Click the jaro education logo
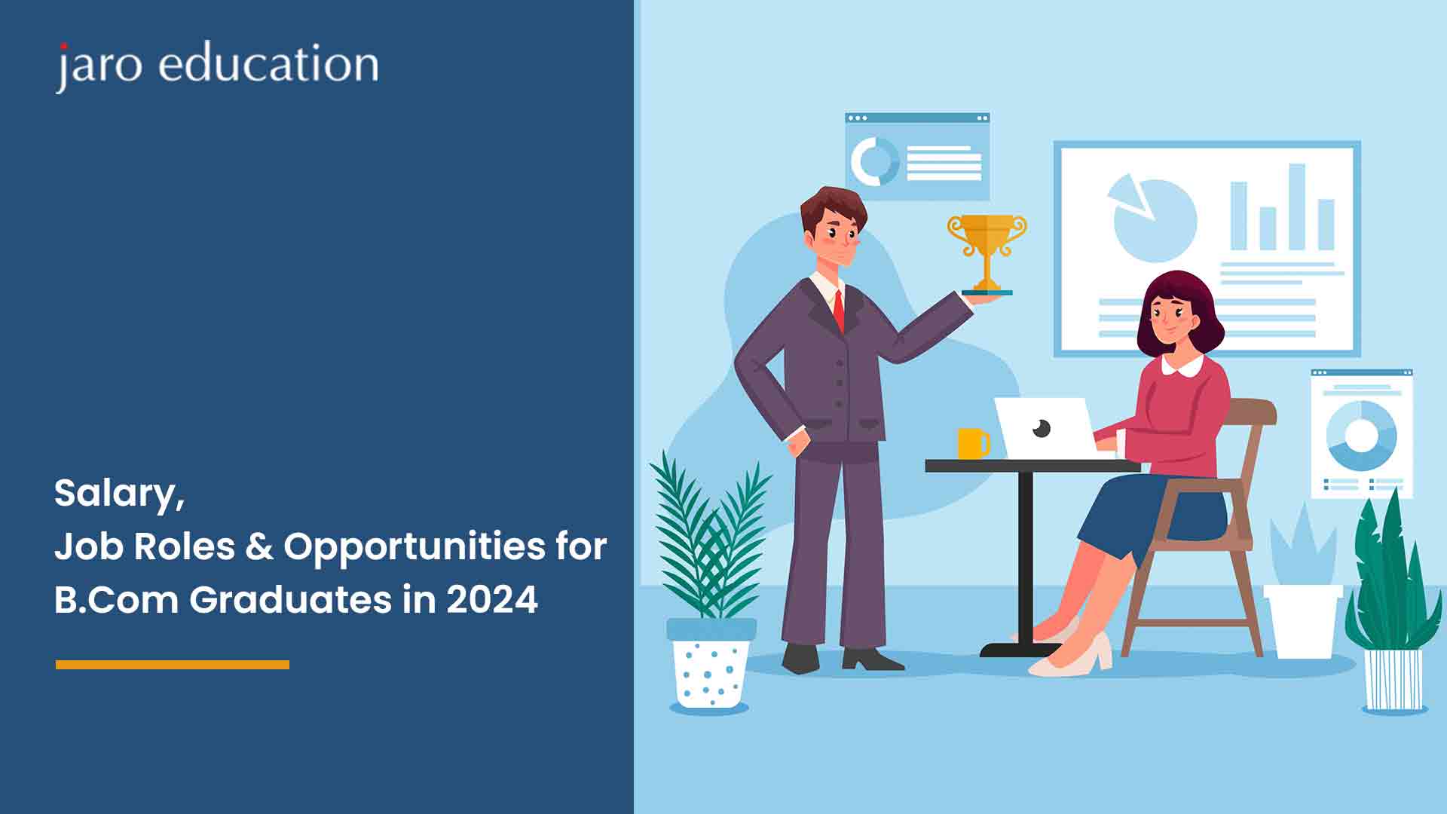217,66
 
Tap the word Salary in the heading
119,494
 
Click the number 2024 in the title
492,600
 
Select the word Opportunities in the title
414,548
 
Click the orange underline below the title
173,665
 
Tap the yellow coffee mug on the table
973,443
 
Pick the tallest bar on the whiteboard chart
1296,207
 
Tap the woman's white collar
1182,366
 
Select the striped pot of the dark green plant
1393,679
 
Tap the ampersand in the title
259,546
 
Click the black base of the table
1021,649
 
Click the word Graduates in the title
290,600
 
